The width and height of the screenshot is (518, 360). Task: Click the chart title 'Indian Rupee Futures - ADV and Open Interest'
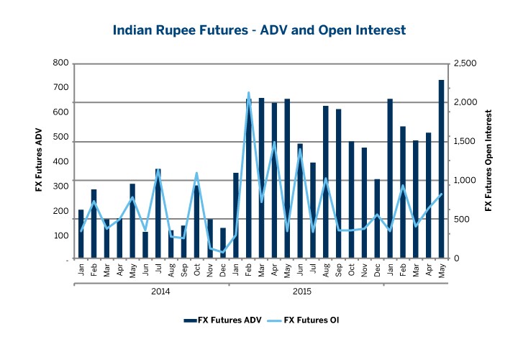[x=260, y=30]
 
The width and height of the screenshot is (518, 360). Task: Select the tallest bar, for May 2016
[x=441, y=169]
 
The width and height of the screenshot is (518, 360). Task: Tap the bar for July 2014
[x=158, y=214]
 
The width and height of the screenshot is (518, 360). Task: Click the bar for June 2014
[x=145, y=245]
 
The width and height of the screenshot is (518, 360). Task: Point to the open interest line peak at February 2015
[x=248, y=93]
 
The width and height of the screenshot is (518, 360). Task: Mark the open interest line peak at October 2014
[x=196, y=174]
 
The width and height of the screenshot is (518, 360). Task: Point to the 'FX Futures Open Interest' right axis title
[x=489, y=161]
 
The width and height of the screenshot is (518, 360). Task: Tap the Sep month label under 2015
[x=338, y=271]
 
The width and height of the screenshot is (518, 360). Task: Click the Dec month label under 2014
[x=222, y=271]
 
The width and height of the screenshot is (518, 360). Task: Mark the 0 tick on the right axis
[x=456, y=258]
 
